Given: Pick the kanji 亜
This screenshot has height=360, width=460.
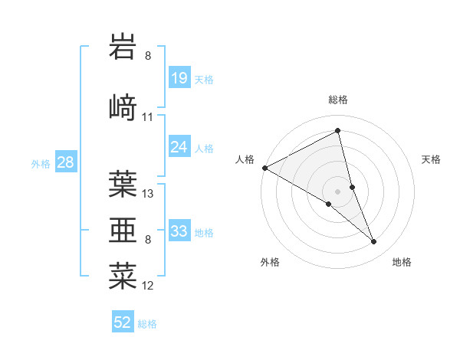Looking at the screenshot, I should point(123,228).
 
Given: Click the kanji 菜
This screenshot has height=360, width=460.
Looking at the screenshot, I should point(123,274).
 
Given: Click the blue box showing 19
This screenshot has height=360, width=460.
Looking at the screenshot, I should point(179,78).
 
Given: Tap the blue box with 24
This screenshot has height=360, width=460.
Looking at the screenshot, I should point(179,147).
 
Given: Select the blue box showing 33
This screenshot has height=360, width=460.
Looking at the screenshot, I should point(179,231).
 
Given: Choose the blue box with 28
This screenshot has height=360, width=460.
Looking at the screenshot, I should point(65,162).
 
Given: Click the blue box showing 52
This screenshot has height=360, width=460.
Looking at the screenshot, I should point(123,322).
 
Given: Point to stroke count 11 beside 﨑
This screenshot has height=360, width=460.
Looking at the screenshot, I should point(148,117).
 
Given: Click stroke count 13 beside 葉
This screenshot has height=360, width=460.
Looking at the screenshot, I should point(148,193).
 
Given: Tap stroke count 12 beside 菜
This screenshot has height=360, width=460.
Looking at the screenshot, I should point(148,286).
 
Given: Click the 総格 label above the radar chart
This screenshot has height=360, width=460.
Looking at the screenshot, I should point(338,100).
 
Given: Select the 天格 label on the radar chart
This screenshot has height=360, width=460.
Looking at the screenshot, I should point(432,159).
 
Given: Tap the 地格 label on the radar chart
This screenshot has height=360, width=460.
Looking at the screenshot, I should point(402,263).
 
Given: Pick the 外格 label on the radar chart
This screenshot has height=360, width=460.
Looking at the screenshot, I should point(270,263).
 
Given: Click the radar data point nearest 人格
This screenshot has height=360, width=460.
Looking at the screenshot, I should point(264,168).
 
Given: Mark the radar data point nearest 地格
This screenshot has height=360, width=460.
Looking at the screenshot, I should point(374,242).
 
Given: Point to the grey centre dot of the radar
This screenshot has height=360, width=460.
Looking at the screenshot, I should point(338,191).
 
